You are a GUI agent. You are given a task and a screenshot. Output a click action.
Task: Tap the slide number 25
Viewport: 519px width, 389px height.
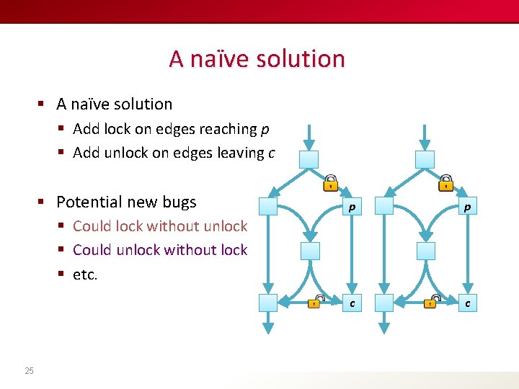click(x=29, y=371)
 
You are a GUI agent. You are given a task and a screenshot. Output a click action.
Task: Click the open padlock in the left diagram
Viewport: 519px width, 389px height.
click(x=315, y=302)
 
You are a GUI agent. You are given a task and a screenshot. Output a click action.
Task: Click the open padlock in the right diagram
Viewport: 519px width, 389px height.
click(x=431, y=302)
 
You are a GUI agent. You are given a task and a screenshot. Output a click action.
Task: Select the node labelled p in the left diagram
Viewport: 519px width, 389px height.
click(x=351, y=207)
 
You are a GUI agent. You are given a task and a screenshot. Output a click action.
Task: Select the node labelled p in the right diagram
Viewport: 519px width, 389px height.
click(x=467, y=207)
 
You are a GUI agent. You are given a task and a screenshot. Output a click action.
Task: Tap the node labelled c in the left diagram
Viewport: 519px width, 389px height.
click(x=351, y=303)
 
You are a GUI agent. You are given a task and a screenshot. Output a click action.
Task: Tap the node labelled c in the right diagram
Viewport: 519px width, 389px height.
click(x=467, y=303)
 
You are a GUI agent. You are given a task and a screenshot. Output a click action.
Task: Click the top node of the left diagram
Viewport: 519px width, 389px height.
click(x=309, y=159)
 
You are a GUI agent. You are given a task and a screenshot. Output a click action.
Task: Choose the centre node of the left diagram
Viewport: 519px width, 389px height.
click(x=309, y=251)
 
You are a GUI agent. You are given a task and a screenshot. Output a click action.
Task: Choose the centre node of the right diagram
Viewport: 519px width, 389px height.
click(x=426, y=251)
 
